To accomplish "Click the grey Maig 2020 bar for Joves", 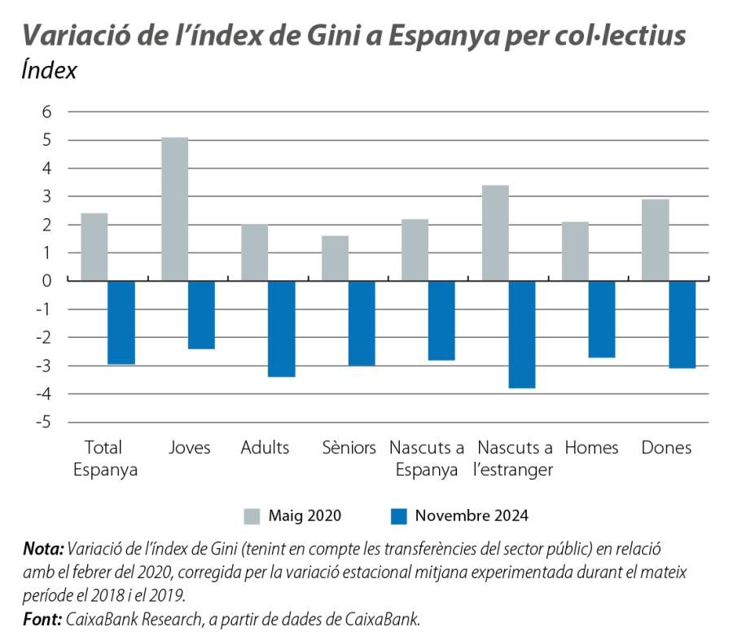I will (174, 208).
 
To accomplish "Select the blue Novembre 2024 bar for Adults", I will (281, 328).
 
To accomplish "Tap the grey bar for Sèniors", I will (335, 258).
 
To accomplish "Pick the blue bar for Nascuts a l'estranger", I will (521, 334).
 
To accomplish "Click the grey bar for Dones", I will (656, 240).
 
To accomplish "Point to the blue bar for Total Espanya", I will (121, 322).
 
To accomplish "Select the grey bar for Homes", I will (575, 251).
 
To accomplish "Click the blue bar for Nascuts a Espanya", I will (441, 320).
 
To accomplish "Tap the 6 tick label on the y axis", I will (46, 112).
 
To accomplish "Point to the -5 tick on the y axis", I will (44, 422).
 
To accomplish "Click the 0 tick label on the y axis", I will (46, 281).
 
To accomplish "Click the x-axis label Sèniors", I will (349, 448).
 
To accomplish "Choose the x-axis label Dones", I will (666, 448).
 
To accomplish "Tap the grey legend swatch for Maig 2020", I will (252, 515).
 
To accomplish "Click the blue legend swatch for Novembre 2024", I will (398, 515).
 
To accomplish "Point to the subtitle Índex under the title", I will (49, 71).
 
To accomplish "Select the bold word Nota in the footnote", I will (42, 548).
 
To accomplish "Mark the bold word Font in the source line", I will (41, 619).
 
